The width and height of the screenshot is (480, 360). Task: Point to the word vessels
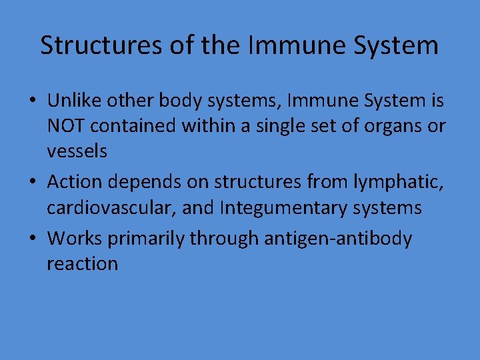77,151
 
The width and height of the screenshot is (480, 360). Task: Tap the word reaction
82,263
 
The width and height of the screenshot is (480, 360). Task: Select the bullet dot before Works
32,239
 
